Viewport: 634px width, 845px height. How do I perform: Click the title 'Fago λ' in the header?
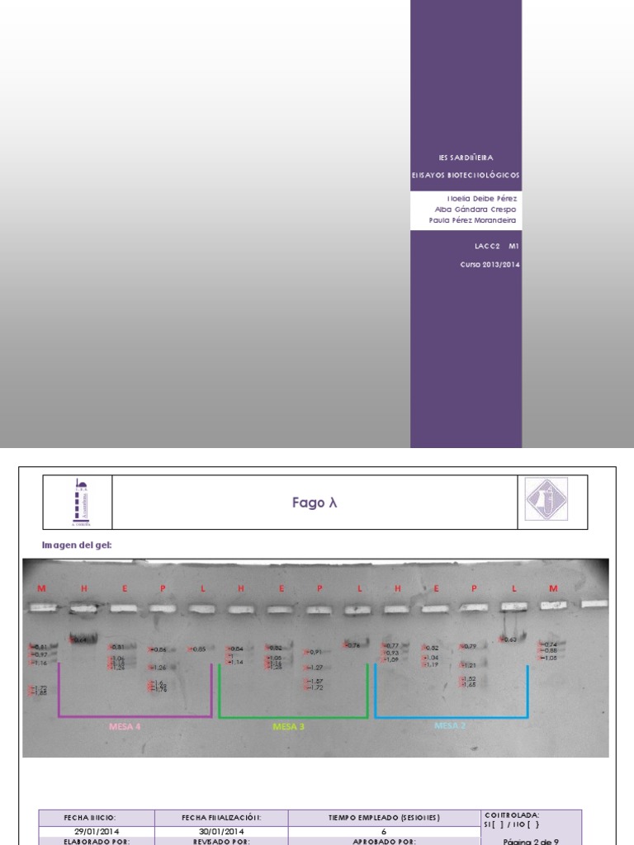315,503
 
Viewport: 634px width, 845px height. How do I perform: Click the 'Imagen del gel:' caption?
77,545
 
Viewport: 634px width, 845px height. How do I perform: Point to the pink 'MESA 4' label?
125,727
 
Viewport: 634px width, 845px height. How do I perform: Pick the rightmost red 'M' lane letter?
553,588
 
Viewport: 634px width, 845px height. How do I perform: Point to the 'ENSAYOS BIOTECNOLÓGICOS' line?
466,176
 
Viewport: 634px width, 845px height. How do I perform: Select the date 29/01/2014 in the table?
97,831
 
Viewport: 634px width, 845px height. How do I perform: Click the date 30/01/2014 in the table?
220,831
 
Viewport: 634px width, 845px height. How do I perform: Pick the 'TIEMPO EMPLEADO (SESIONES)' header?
384,818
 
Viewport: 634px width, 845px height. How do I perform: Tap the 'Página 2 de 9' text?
532,841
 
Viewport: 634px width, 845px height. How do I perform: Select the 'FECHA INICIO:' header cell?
97,818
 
